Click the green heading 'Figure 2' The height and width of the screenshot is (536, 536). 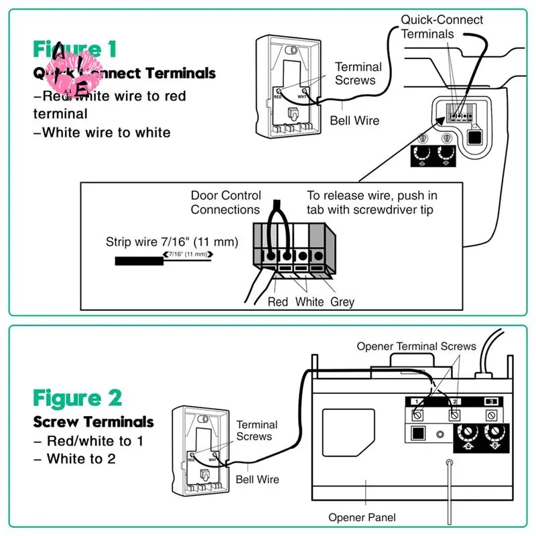click(x=78, y=398)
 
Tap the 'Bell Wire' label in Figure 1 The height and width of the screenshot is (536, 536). click(x=354, y=121)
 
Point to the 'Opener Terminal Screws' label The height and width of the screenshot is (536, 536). click(x=416, y=346)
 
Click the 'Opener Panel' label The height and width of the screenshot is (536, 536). click(x=362, y=517)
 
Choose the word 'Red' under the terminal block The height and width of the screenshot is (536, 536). click(x=277, y=302)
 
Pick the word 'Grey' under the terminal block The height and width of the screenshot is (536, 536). click(x=342, y=302)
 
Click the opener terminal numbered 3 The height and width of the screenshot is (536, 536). click(x=491, y=401)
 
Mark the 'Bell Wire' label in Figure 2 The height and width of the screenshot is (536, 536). click(x=257, y=480)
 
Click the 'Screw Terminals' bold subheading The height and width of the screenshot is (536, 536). click(x=94, y=422)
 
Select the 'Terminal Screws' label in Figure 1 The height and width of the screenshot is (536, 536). click(x=358, y=73)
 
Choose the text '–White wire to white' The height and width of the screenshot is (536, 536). click(x=102, y=133)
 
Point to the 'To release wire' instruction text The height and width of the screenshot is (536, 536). click(x=372, y=202)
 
